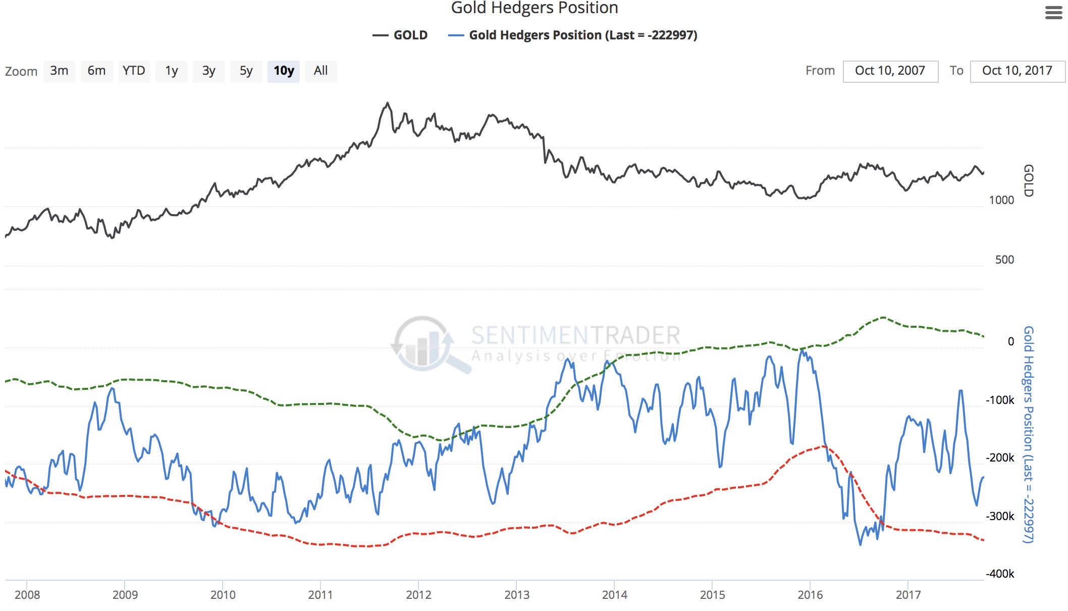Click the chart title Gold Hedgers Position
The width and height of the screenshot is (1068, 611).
(x=534, y=8)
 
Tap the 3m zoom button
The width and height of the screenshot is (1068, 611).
(x=59, y=71)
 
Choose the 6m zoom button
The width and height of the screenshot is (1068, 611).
(x=96, y=71)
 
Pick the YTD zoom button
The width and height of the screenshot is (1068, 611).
(x=134, y=71)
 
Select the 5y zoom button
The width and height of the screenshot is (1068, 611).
(x=246, y=71)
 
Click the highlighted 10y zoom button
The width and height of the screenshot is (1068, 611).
(x=284, y=71)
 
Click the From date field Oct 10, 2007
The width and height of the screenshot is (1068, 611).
(x=890, y=71)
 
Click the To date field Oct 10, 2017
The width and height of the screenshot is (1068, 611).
(x=1017, y=71)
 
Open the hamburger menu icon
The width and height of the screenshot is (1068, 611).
(x=1053, y=13)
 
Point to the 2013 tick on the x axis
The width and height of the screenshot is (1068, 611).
(x=517, y=595)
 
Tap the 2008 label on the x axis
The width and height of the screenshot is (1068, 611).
(x=27, y=595)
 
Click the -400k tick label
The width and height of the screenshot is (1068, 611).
(x=1000, y=574)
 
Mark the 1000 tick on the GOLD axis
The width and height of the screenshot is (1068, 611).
(x=1001, y=200)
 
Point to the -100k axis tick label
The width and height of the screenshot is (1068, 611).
(x=1000, y=400)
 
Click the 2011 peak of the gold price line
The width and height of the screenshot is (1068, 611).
(x=388, y=104)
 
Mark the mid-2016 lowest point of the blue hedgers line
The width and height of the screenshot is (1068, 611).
(x=861, y=544)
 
